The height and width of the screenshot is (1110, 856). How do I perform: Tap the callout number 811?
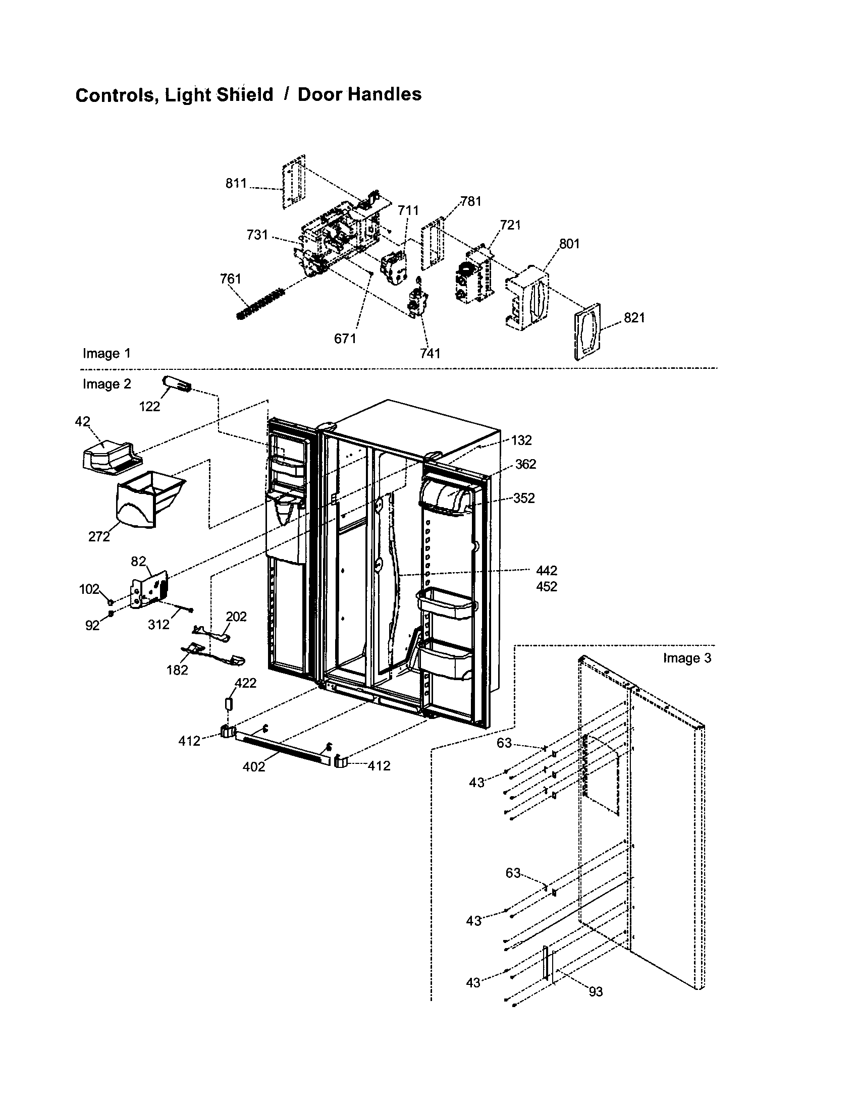pos(236,184)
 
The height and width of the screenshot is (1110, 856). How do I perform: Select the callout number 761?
pos(230,279)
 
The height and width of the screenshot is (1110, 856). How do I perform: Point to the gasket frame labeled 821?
pos(587,331)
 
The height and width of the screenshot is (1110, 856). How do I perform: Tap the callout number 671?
pos(345,339)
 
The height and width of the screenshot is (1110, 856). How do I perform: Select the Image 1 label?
pos(106,353)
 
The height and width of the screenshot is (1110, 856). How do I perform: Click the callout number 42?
pos(82,421)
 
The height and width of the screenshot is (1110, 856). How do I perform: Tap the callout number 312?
pos(158,625)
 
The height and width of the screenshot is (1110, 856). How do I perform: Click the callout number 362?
pos(525,464)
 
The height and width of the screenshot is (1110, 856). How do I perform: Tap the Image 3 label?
pos(687,658)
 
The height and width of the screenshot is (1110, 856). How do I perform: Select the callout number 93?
pos(595,991)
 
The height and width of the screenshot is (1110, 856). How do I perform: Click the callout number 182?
pos(177,671)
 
